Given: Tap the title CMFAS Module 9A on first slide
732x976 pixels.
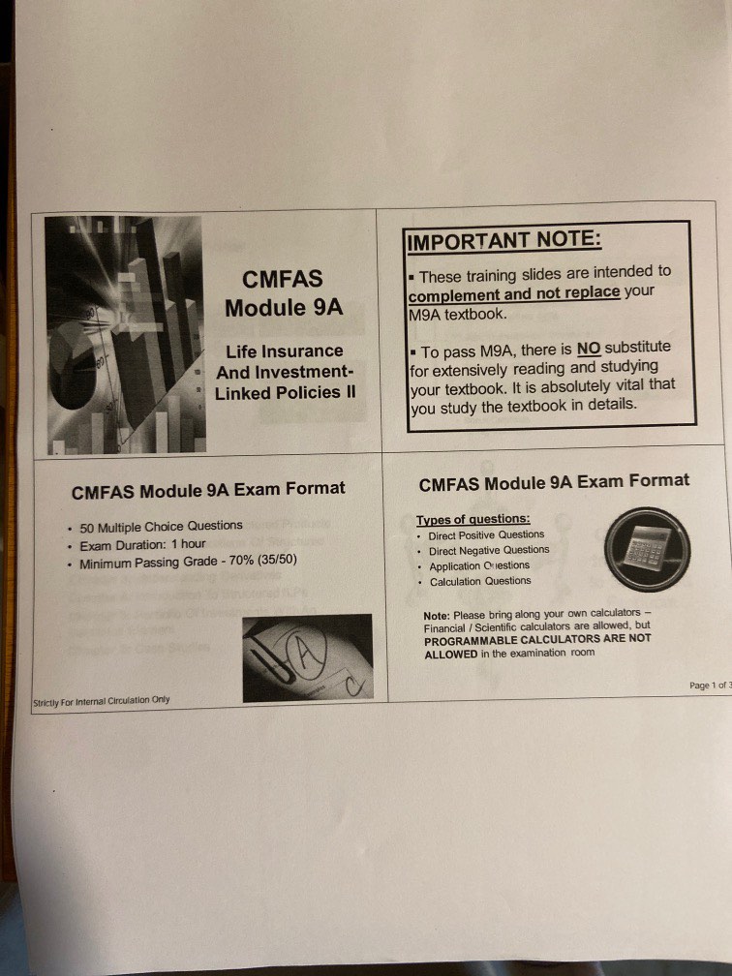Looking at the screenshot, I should click(x=282, y=294).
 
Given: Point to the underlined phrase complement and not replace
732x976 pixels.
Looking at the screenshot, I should click(x=513, y=294).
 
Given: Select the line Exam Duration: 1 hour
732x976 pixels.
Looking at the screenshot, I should click(x=142, y=545).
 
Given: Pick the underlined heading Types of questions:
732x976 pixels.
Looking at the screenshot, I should click(x=473, y=519).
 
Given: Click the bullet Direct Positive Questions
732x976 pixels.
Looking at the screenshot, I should click(x=487, y=534).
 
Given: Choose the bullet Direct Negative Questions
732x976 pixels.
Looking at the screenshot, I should click(x=489, y=550).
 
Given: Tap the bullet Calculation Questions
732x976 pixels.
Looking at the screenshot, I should click(x=480, y=582).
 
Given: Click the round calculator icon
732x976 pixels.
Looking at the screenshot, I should click(x=647, y=549).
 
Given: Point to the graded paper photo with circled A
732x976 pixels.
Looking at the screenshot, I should click(x=307, y=656).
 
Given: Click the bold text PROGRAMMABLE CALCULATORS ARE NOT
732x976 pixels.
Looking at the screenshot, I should click(x=537, y=640).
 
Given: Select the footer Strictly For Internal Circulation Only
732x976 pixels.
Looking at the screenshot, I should click(x=101, y=699).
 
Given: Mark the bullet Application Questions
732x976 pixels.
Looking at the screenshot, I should click(x=479, y=566).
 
